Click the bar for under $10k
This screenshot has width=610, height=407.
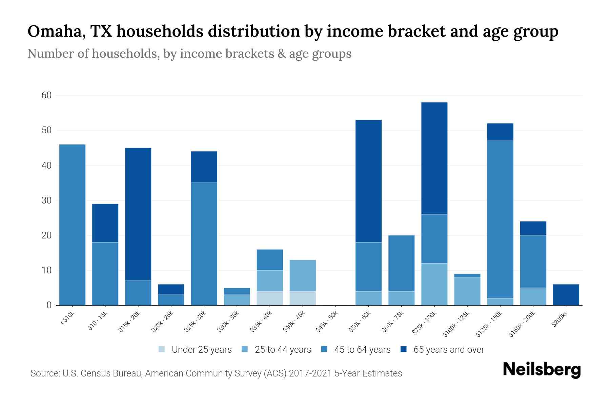point(72,225)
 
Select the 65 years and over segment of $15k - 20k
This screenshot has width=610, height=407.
point(138,214)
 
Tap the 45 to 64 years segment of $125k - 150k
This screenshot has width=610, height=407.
point(500,219)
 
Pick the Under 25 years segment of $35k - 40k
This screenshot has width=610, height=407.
point(270,298)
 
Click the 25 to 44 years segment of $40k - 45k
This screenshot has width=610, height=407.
point(303,275)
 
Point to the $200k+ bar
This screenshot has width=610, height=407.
point(566,295)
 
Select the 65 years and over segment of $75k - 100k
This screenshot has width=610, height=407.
point(434,158)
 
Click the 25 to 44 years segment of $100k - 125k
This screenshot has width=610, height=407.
point(467,291)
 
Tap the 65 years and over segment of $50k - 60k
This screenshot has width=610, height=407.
point(368,181)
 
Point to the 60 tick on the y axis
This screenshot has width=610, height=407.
point(46,95)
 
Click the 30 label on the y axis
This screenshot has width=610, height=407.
point(46,200)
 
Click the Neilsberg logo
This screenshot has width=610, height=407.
point(542,370)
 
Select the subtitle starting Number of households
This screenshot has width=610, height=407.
point(189,54)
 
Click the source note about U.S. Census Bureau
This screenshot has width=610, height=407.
point(216,373)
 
